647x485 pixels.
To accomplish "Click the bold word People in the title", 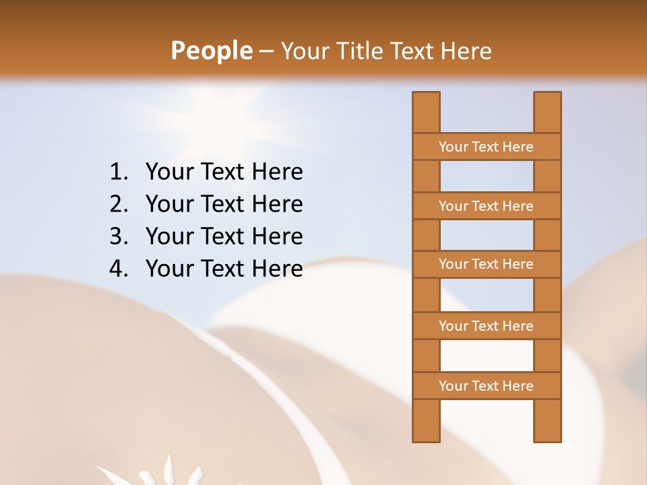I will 211,51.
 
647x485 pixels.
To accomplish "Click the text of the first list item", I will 224,172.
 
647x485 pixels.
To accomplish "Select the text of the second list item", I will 224,204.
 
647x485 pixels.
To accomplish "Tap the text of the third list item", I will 224,236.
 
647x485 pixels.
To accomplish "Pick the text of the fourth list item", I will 224,269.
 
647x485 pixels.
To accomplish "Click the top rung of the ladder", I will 486,146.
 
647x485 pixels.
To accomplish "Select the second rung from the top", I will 486,205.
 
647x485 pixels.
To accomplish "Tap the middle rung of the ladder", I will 486,264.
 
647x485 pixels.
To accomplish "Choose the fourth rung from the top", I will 486,325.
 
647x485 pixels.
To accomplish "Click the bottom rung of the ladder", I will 486,385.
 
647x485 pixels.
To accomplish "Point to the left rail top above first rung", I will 426,112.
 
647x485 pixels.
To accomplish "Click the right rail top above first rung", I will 547,112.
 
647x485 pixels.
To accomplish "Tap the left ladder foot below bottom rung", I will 426,421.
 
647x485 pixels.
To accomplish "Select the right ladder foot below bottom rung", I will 547,421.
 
